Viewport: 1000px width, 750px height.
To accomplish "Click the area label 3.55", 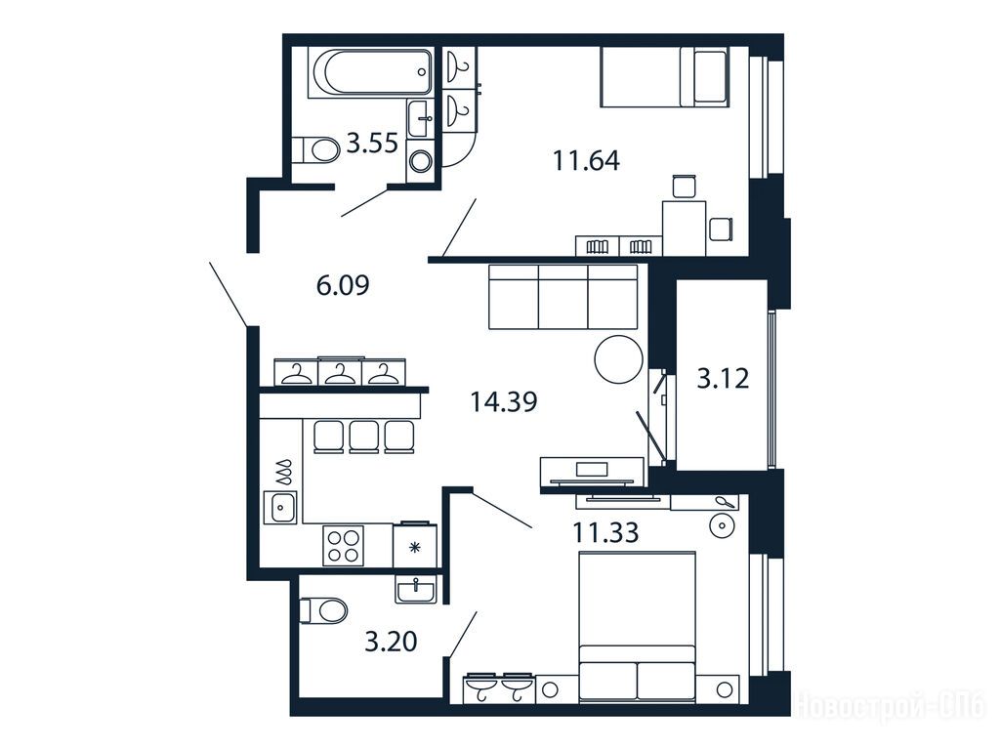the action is click(372, 144).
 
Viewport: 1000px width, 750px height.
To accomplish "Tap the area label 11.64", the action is click(586, 160).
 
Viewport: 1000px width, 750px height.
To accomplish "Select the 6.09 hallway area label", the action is click(343, 285).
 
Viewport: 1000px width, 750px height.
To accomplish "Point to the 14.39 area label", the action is click(504, 401).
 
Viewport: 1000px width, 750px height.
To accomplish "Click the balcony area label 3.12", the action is click(723, 379).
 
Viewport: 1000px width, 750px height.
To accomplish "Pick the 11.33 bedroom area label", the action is click(605, 532).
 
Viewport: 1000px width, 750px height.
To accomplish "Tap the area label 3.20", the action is click(391, 641).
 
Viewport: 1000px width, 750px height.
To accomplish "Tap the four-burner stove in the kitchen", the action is click(343, 545).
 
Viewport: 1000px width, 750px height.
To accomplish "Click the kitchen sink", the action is click(280, 508).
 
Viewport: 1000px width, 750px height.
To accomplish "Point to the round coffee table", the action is click(618, 359).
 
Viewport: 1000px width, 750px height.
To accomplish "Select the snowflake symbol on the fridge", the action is click(415, 547).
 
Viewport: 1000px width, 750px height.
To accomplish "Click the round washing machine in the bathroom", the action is click(420, 161).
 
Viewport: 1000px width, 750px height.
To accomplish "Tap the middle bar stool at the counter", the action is click(364, 437).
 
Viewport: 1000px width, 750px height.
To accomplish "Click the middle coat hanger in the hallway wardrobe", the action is click(339, 374).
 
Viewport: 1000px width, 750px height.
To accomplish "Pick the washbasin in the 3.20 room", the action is click(416, 587).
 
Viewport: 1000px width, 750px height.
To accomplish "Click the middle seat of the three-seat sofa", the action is click(563, 297).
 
